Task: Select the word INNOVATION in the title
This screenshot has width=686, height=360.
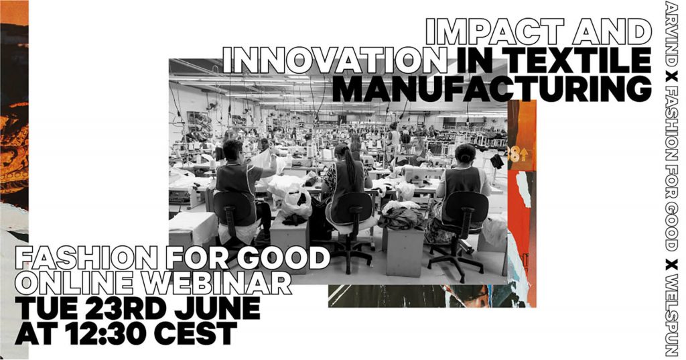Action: (335, 60)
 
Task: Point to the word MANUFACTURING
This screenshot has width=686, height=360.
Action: (492, 88)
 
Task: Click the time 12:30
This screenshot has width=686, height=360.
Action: (106, 333)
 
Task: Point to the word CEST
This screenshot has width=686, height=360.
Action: (195, 333)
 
